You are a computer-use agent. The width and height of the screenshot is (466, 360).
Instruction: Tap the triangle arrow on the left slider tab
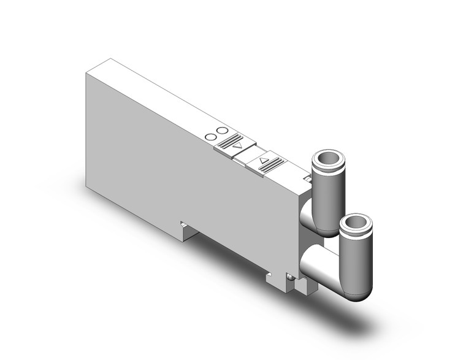[x=238, y=147]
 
